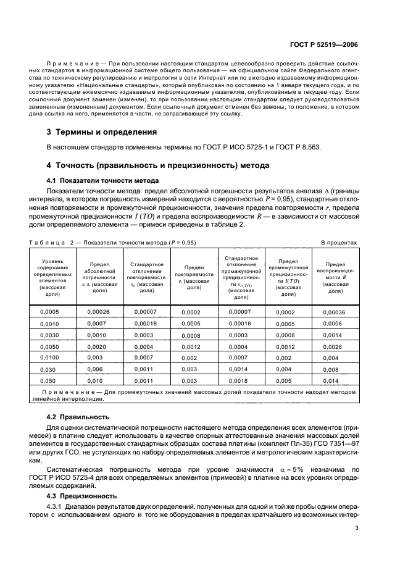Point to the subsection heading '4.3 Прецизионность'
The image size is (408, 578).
click(x=83, y=496)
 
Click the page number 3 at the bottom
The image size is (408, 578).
click(x=357, y=528)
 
